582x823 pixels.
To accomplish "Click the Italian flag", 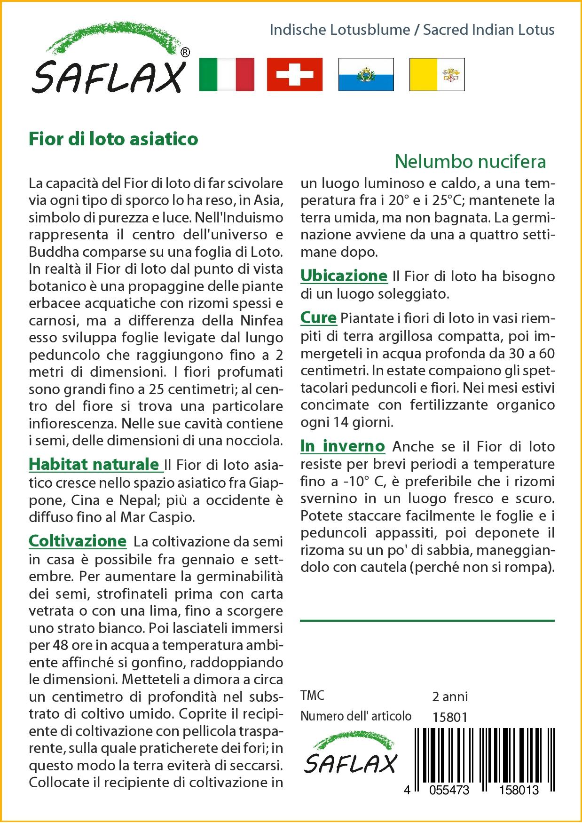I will pos(227,74).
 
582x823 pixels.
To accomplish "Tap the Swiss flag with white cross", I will pos(295,74).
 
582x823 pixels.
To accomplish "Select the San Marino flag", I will pos(366,74).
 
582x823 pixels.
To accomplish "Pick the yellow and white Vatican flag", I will pos(437,74).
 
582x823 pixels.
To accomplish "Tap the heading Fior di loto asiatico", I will pos(113,139).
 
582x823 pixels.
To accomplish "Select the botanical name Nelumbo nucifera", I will pos(470,161).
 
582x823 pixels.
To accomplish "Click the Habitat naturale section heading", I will pos(94,464).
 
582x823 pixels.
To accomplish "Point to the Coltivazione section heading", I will pos(78,541).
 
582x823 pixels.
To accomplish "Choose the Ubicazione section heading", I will pos(344,276).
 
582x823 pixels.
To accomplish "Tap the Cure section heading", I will pos(318,318).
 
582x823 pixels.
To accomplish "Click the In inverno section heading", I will pos(342,446).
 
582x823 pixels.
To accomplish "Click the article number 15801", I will pos(450,717).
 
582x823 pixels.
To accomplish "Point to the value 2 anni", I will pos(450,696).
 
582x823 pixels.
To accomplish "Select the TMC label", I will pos(312,696).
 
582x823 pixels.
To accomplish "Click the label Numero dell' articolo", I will pos(356,716).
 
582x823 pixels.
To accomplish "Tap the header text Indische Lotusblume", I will pos(340,30).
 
